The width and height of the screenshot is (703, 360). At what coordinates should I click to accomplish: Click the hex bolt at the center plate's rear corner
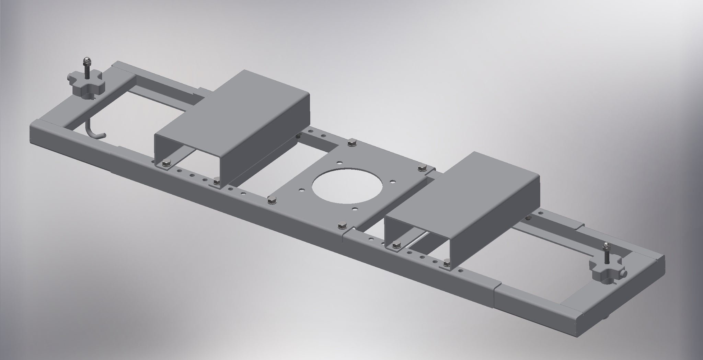(351, 142)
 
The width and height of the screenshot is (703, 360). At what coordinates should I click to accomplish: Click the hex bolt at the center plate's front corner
(342, 225)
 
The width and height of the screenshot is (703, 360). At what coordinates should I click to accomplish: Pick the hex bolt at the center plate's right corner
(422, 168)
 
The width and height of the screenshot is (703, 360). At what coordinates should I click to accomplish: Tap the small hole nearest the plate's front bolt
(354, 208)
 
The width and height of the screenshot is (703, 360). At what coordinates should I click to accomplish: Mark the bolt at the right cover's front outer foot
(447, 263)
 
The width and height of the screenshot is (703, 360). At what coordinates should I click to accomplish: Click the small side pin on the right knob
(625, 274)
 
